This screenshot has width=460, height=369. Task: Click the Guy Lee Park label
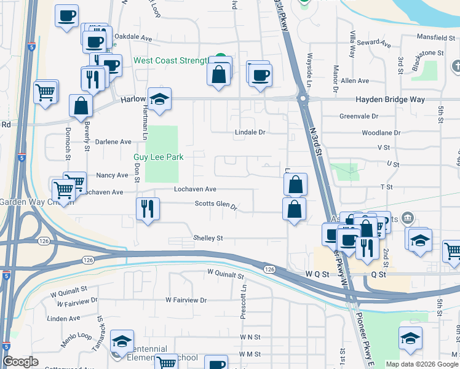pos(159,157)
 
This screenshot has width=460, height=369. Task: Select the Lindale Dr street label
pos(250,132)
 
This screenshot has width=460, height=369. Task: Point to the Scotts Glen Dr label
pos(216,205)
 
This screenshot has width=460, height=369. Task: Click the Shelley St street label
pos(208,238)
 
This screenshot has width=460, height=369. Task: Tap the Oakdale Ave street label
pos(133,38)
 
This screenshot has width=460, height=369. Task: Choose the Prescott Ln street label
pos(244,303)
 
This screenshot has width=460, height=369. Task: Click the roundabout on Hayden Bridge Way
pos(302,98)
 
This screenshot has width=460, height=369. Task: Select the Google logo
pos(21,362)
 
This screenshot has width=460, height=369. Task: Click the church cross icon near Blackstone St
pos(456,66)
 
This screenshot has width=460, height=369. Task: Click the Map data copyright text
pos(421,364)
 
